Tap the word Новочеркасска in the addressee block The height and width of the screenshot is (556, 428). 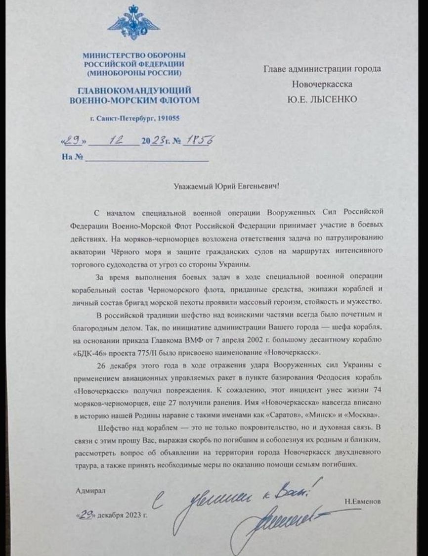point(321,84)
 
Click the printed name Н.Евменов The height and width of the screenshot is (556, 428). point(364,502)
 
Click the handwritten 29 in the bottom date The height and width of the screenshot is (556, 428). point(87,514)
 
